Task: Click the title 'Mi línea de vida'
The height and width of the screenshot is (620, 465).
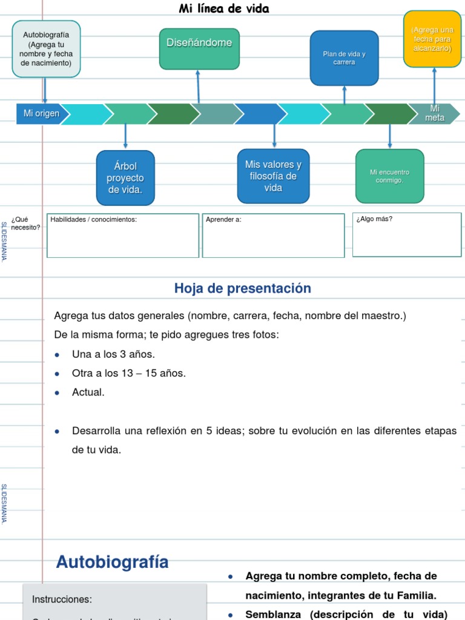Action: pos(224,8)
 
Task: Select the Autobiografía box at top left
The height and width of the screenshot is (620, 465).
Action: pos(46,49)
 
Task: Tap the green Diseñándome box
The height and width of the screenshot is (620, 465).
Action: pos(199,48)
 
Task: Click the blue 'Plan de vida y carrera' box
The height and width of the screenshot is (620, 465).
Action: pos(344,58)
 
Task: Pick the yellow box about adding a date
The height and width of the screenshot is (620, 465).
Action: pos(432,39)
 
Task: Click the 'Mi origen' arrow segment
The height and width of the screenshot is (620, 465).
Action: pos(40,114)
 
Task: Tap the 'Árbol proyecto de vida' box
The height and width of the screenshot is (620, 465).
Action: pos(125,178)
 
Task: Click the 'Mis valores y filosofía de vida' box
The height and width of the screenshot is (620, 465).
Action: pos(273,176)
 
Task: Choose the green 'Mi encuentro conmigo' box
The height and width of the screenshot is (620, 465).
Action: pos(389,176)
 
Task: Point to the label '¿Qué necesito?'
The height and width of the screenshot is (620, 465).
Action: pos(25,223)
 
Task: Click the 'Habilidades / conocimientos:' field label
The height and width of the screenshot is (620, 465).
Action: pos(94,220)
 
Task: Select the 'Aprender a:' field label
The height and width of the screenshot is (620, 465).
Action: pos(223,220)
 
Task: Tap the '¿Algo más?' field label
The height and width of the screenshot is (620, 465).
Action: pos(374,219)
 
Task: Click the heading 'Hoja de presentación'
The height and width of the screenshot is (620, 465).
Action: pos(242,289)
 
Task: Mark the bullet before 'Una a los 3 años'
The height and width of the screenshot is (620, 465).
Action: pos(57,355)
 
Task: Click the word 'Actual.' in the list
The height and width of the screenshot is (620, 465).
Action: pos(88,392)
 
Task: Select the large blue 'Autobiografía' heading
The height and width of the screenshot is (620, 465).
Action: pos(113,562)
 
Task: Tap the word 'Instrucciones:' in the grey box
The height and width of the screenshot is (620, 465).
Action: pos(62,599)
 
